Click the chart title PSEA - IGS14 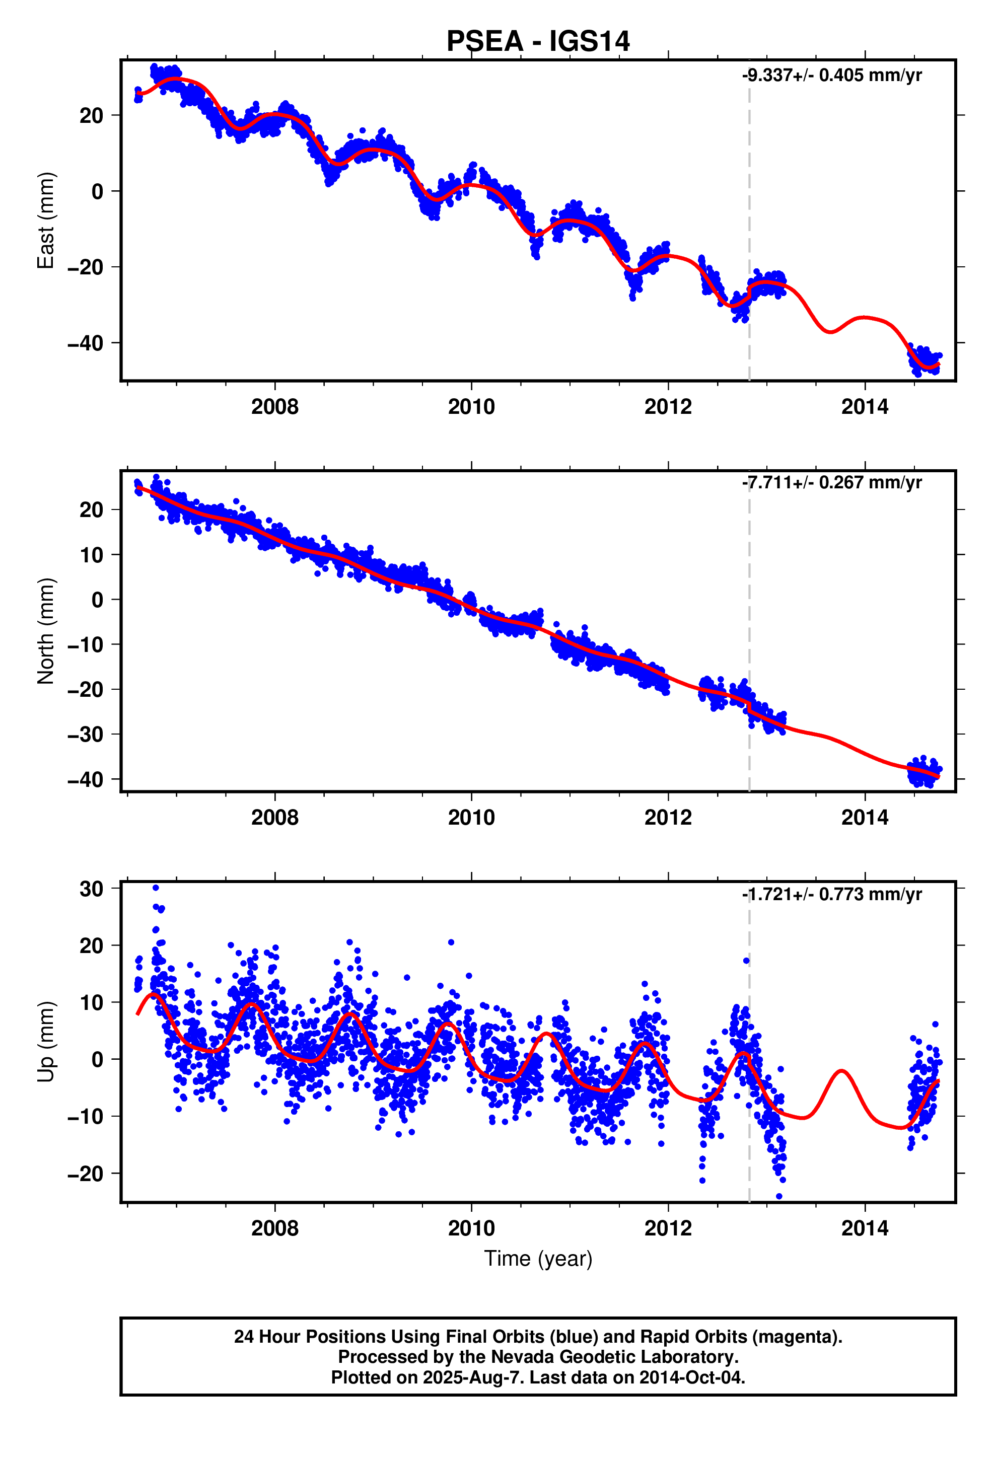(538, 41)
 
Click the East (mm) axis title (46, 221)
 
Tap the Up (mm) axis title (46, 1042)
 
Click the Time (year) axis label (538, 1259)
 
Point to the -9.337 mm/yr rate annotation (831, 76)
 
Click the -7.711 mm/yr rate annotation (831, 483)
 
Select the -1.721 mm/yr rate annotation (831, 895)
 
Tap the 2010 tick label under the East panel (471, 407)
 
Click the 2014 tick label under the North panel (865, 818)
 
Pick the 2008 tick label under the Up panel (275, 1228)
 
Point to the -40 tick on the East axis (86, 343)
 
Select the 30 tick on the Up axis (91, 889)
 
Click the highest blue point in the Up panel (156, 888)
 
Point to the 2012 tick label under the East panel (668, 407)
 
